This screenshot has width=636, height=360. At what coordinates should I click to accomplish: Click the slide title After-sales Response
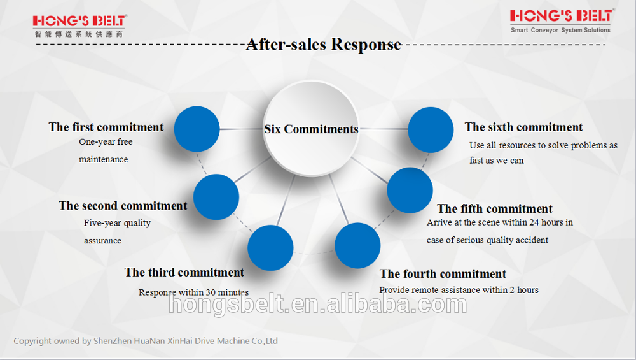click(323, 45)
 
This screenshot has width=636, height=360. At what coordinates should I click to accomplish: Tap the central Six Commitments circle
click(311, 128)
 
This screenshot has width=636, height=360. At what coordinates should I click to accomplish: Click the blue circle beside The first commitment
click(197, 129)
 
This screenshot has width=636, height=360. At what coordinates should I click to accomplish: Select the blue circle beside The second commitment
click(216, 197)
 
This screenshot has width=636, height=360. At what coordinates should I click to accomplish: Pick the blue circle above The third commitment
click(270, 247)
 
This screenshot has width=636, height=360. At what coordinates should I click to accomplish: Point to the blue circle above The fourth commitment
click(357, 245)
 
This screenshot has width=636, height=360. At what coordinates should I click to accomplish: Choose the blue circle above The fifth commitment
click(410, 191)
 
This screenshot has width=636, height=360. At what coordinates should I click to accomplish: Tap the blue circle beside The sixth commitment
click(431, 130)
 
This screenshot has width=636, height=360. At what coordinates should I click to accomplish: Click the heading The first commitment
click(106, 127)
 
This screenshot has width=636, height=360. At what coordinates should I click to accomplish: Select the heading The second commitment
click(123, 206)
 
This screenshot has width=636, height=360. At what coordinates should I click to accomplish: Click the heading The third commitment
click(184, 273)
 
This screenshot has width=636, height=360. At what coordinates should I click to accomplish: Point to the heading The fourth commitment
click(443, 274)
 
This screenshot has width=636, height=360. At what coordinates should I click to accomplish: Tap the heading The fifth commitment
click(495, 209)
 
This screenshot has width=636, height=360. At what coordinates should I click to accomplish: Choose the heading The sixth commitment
click(523, 127)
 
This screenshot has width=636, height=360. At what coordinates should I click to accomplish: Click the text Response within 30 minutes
click(193, 292)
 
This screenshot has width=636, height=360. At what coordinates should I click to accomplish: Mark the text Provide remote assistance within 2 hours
click(459, 290)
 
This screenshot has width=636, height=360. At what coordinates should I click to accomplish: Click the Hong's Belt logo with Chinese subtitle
click(79, 25)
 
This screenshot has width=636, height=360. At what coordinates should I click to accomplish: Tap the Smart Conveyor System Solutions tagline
click(560, 30)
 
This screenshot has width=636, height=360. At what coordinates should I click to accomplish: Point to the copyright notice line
click(146, 341)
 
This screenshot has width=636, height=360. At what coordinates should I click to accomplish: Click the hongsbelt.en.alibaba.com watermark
click(317, 305)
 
